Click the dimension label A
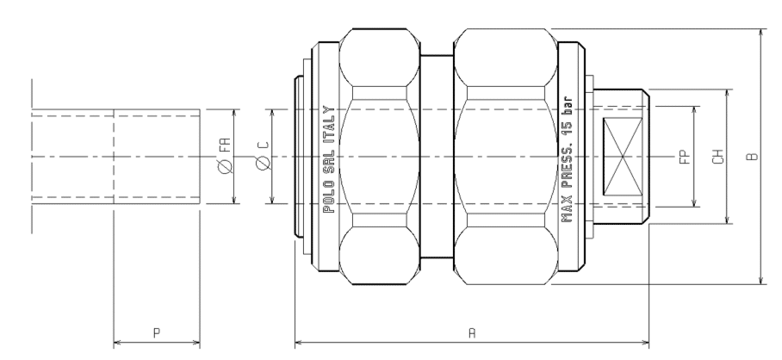point(472,332)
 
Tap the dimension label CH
point(717,157)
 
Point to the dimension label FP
point(686,157)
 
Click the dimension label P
point(157,332)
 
